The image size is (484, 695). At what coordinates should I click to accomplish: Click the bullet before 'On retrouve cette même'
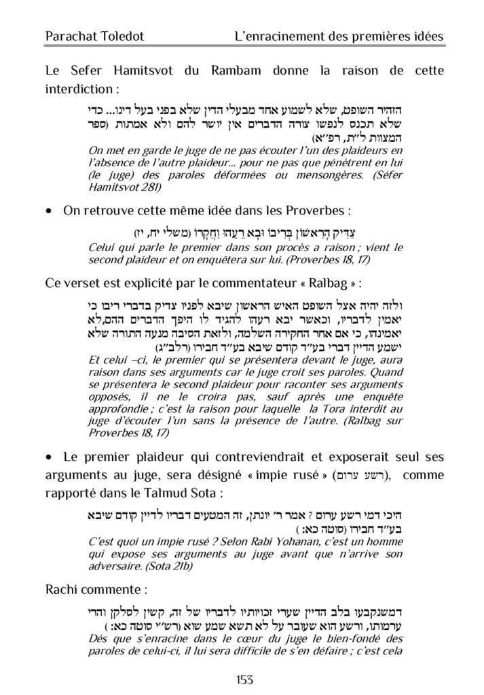pyautogui.click(x=48, y=211)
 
